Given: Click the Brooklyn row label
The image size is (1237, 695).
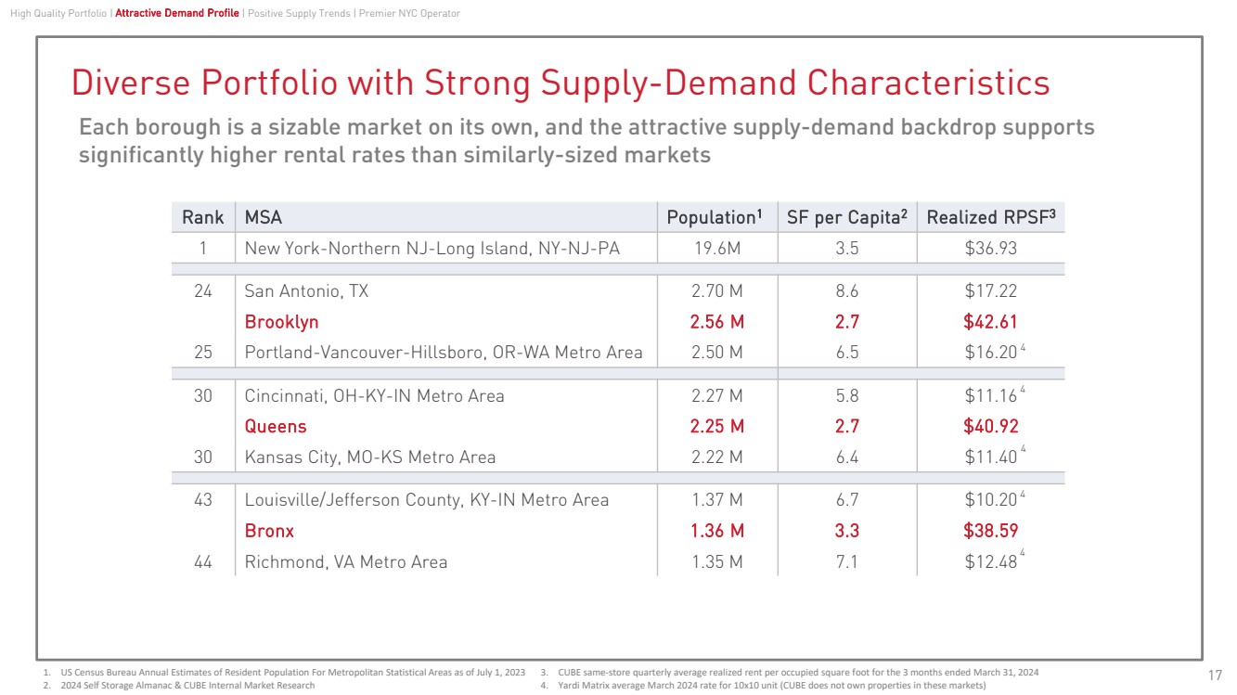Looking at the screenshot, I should click(281, 322).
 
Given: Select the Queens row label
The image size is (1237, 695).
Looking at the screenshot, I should click(275, 427).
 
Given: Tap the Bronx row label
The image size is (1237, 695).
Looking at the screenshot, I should click(269, 532).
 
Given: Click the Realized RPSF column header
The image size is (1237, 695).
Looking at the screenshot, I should click(990, 217).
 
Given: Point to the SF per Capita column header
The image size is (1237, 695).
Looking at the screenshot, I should click(845, 217).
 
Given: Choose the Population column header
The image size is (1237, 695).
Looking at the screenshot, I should click(714, 217).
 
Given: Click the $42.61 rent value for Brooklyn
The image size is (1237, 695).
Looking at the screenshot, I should click(990, 322).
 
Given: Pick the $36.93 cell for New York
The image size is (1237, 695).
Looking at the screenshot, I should click(990, 249).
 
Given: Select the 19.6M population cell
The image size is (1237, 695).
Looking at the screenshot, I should click(717, 249).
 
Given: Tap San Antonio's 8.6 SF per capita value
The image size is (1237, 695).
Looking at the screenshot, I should click(846, 291).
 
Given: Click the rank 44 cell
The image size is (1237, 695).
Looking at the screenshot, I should click(202, 562).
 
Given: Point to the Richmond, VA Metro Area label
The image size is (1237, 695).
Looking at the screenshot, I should click(345, 562).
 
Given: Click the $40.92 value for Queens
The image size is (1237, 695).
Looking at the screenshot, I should click(990, 427).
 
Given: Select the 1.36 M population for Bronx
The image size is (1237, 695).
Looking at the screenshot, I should click(717, 532).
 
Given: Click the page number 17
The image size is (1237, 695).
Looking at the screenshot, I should click(1215, 675).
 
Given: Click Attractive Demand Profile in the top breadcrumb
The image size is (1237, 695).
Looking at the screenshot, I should click(176, 13).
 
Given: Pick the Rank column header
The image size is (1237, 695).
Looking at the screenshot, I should click(202, 217).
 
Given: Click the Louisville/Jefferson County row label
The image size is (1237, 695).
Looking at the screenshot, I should click(426, 500).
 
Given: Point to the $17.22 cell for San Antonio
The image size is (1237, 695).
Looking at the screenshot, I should click(990, 291).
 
